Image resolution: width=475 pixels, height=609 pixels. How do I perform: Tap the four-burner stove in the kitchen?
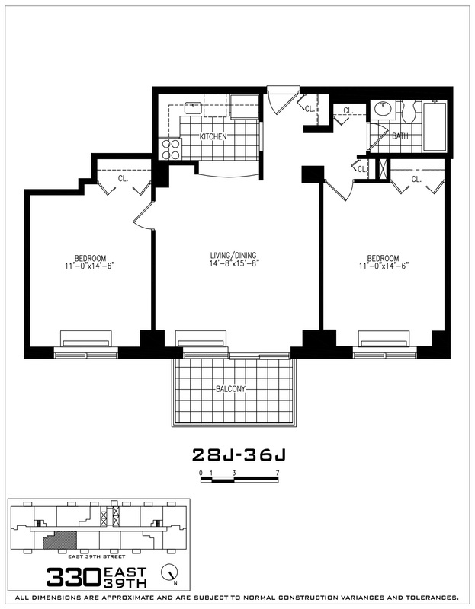(169, 148)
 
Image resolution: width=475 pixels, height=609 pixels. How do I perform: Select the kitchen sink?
(193, 107)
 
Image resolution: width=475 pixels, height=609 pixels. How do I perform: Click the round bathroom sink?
(380, 109)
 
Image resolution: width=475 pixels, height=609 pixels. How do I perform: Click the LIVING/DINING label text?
(236, 255)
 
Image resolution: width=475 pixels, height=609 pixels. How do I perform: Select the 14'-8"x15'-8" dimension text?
(236, 266)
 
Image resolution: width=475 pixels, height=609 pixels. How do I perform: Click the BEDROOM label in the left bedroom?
(90, 257)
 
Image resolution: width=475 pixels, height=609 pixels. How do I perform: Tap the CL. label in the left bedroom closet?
(123, 180)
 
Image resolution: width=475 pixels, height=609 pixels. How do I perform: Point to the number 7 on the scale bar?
(278, 473)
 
